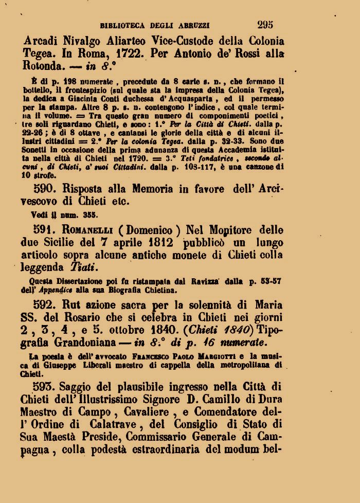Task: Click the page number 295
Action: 264,24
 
